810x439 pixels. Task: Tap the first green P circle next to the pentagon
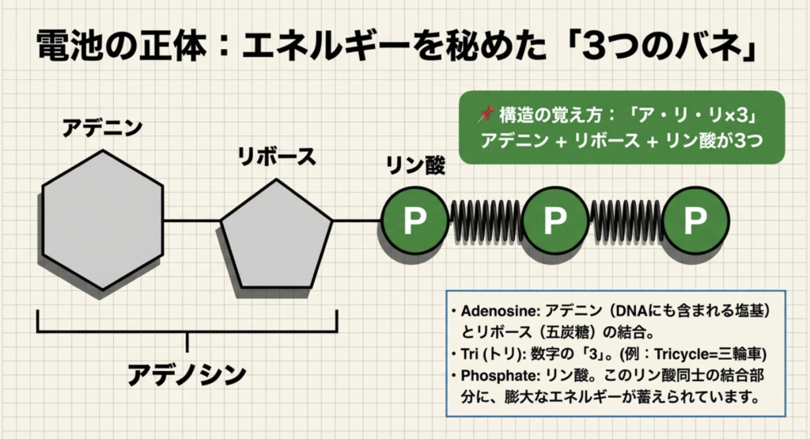414,221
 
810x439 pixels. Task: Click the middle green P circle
555,221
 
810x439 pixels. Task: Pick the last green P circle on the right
695,221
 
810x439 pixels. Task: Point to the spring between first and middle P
484,221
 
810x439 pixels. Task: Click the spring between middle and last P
625,221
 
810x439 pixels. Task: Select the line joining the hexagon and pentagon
191,221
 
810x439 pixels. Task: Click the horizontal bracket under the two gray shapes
187,331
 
